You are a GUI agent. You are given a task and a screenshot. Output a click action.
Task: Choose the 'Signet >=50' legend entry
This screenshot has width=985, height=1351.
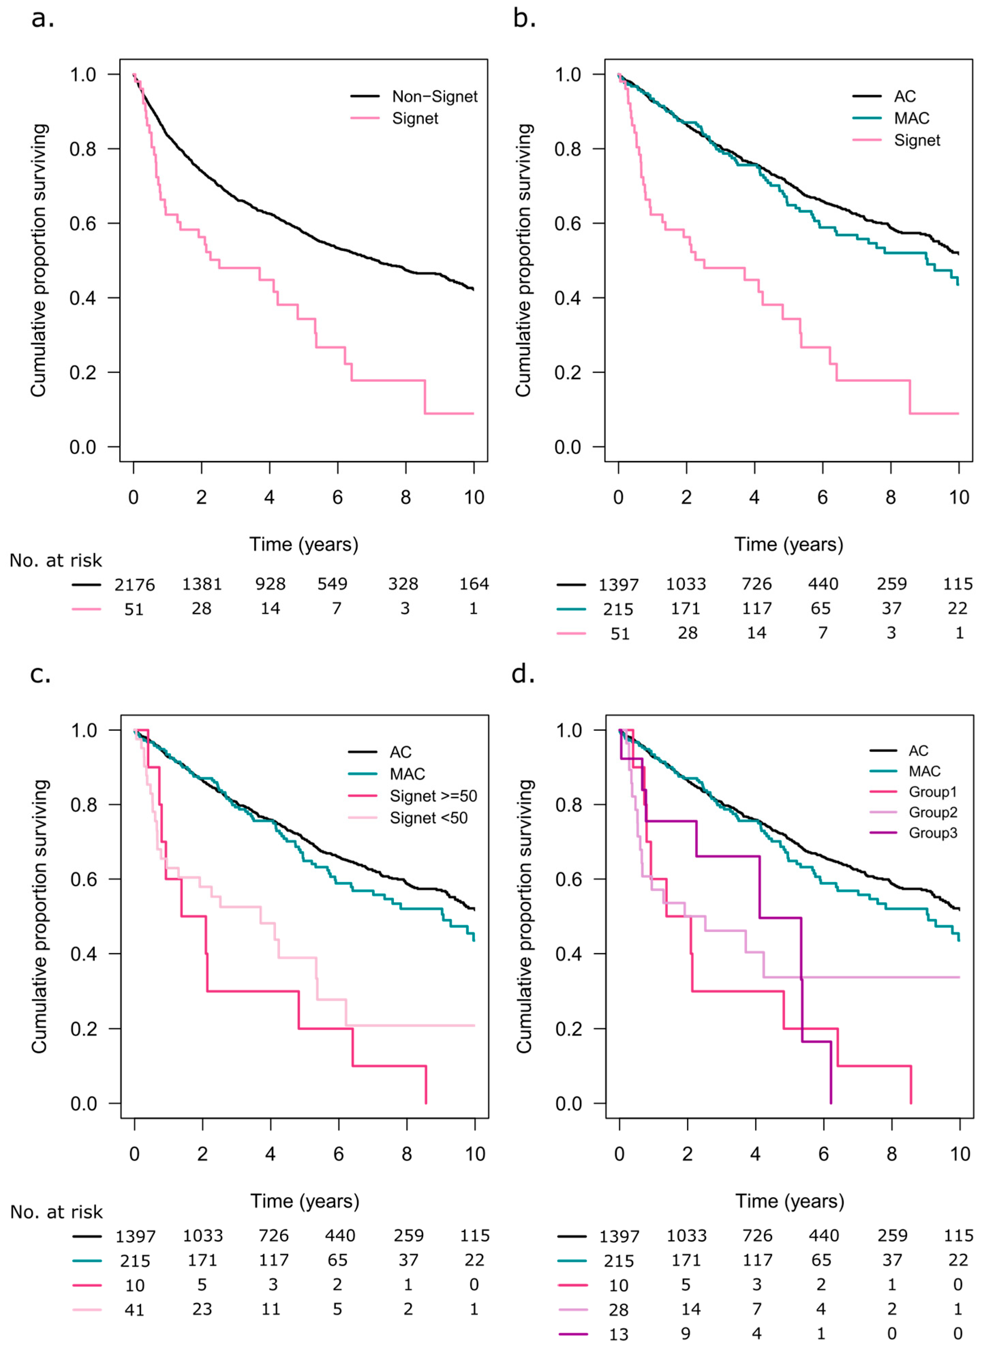(433, 796)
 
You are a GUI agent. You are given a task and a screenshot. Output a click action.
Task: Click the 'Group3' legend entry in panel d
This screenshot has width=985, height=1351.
(933, 833)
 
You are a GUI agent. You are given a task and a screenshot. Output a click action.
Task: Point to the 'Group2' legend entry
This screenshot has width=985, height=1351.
(933, 812)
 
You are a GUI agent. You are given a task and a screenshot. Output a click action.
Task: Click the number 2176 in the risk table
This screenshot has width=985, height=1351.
(135, 585)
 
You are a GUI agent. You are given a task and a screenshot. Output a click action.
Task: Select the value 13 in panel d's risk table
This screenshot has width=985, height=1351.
(619, 1334)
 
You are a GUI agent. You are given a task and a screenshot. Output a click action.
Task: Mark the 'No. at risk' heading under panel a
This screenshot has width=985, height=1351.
(56, 561)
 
